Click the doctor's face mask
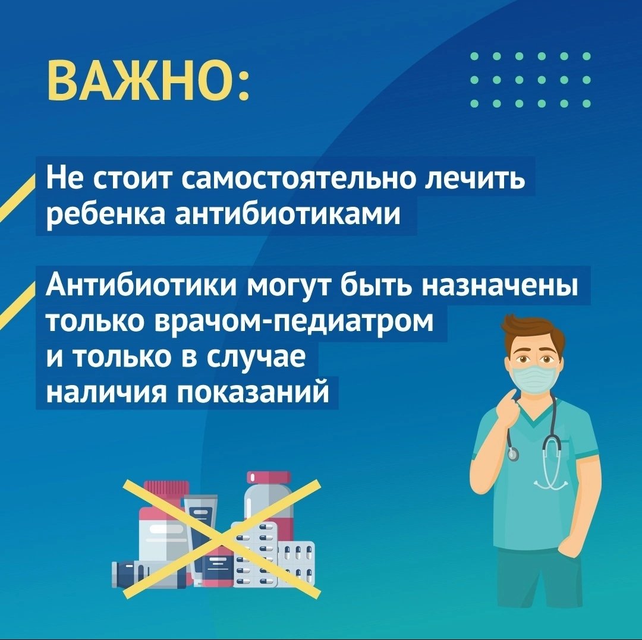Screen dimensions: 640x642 534,381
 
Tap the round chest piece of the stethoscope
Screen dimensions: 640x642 513,454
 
